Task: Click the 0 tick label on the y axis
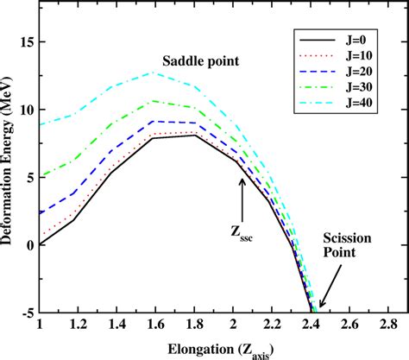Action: (30, 244)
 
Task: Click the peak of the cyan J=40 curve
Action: (154, 73)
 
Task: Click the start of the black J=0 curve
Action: (40, 244)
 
